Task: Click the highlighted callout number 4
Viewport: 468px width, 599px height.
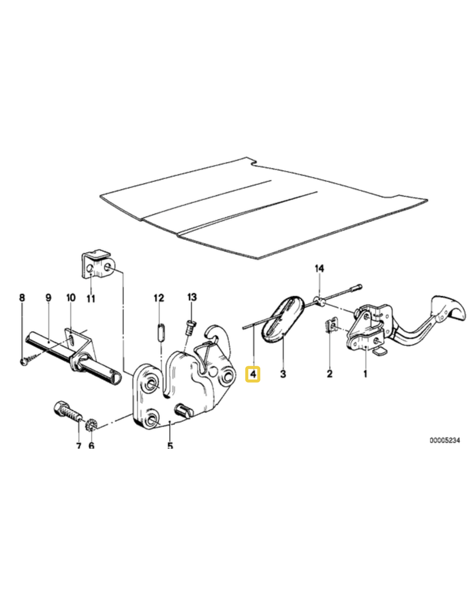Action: (253, 373)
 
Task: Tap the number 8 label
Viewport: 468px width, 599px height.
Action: (22, 298)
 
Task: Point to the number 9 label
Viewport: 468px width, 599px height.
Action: (49, 298)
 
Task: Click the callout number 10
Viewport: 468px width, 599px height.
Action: (70, 298)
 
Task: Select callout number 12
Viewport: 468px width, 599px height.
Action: (159, 298)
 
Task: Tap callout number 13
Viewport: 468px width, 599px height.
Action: (192, 298)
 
